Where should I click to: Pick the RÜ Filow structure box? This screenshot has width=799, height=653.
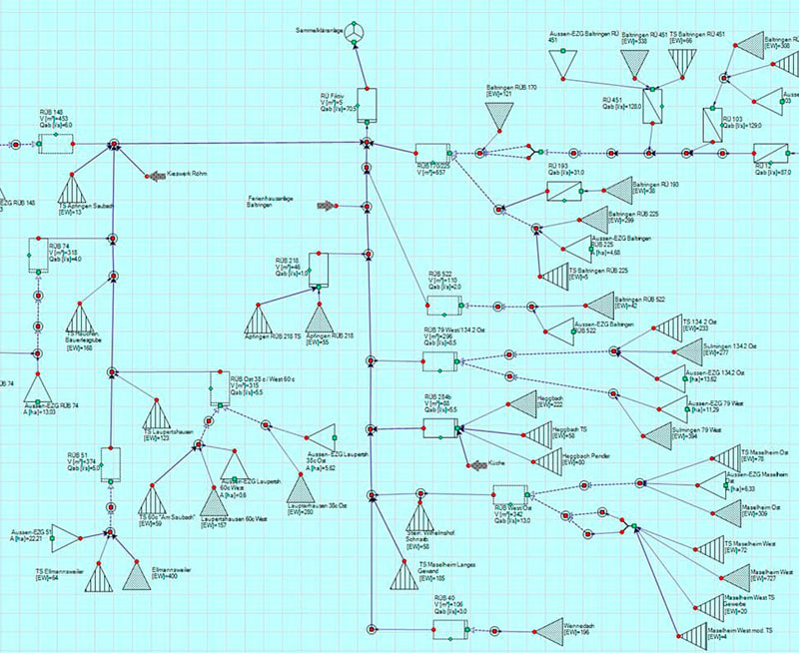[375, 104]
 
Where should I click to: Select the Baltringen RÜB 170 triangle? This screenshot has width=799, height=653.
[497, 119]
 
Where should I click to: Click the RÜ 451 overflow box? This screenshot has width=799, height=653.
[653, 105]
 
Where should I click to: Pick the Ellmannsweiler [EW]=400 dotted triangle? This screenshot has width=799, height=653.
[135, 574]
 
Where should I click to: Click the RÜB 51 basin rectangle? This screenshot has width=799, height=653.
[109, 463]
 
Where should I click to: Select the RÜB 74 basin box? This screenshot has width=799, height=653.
[39, 255]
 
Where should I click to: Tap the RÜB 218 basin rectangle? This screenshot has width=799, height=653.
[318, 268]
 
